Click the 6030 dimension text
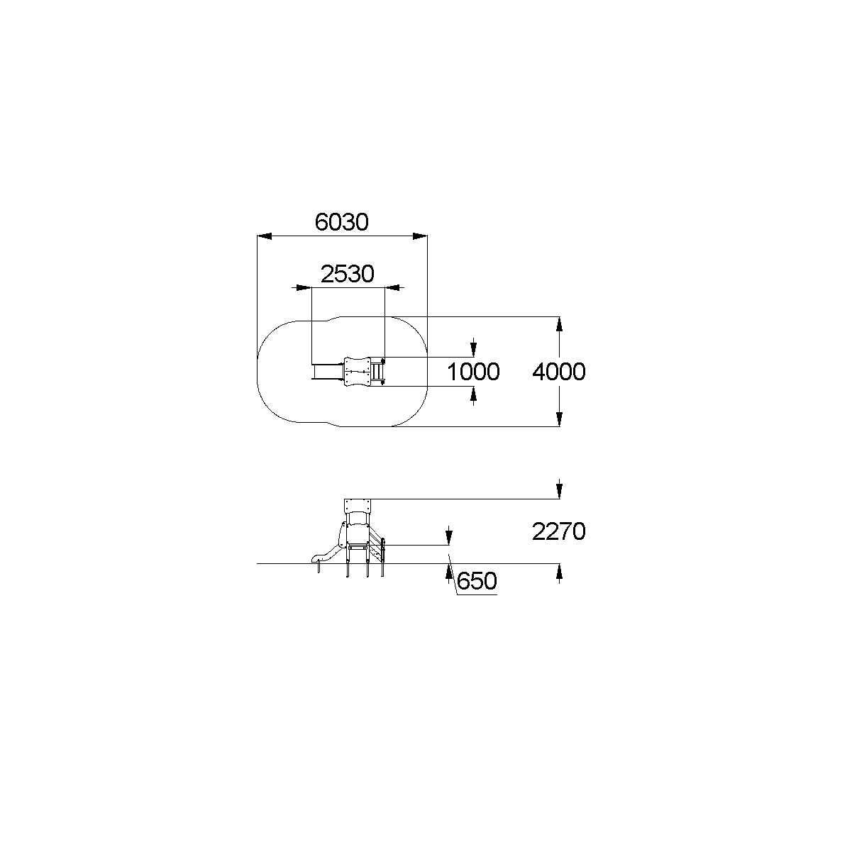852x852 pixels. pos(341,222)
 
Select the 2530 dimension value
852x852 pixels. pos(347,274)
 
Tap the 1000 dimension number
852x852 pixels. pos(473,372)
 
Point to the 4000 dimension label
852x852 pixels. pos(559,372)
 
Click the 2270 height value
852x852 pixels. pos(559,531)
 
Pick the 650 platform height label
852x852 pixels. pos(477,580)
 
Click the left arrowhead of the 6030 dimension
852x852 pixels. pos(265,236)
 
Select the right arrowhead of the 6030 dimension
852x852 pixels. pos(420,236)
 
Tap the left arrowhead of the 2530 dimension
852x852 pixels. pos(304,288)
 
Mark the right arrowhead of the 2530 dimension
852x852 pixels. pos(392,288)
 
